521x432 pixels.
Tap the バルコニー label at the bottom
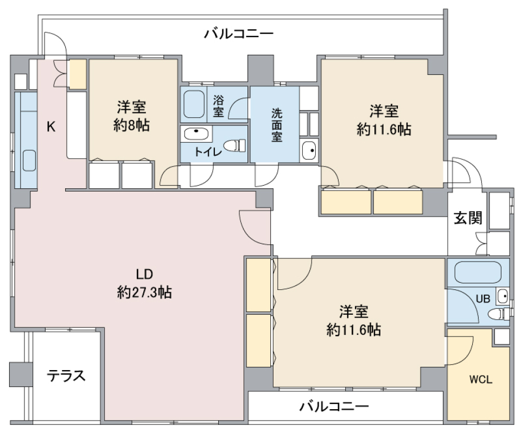pyautogui.click(x=334, y=406)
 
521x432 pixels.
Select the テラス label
pyautogui.click(x=66, y=376)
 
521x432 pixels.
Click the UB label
pyautogui.click(x=482, y=298)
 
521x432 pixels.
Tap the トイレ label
pyautogui.click(x=208, y=152)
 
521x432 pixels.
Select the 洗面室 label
pyautogui.click(x=276, y=124)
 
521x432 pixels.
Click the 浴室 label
pyautogui.click(x=218, y=106)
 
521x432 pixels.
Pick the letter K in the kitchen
pyautogui.click(x=50, y=127)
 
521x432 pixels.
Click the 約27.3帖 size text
pyautogui.click(x=144, y=293)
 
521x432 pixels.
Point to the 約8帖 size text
pyautogui.click(x=132, y=125)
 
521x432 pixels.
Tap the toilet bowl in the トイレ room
pyautogui.click(x=236, y=145)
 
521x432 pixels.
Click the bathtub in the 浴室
pyautogui.click(x=193, y=104)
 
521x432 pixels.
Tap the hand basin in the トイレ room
pyautogui.click(x=196, y=134)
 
